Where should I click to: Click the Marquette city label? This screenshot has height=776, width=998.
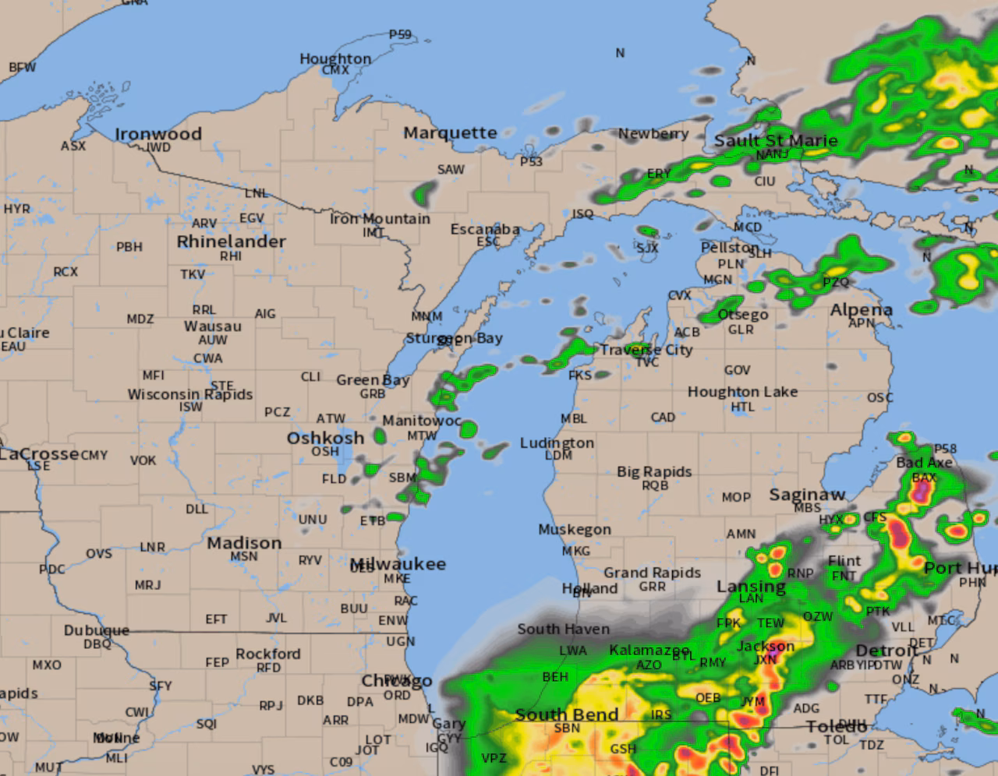coord(450,133)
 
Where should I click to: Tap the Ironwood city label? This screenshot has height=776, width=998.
coord(158,134)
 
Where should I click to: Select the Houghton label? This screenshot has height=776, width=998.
coord(335,58)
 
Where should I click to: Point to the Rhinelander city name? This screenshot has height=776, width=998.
coord(231,242)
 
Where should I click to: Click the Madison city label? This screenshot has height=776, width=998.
coord(244,543)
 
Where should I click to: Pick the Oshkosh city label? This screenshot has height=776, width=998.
coord(325,438)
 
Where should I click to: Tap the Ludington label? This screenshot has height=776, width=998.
coord(557,443)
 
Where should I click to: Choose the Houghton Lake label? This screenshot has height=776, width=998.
coord(742,392)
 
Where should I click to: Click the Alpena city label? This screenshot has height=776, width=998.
coord(861,310)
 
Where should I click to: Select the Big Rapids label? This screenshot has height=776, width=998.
coord(654,471)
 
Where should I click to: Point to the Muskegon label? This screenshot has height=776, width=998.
coord(575,529)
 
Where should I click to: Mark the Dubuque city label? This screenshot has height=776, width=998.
coord(97,630)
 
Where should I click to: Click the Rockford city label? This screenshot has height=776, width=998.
coord(268,654)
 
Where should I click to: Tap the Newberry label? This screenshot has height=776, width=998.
coord(653,134)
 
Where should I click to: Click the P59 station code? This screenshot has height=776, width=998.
coord(400,35)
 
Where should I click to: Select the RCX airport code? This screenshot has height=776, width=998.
coord(65,272)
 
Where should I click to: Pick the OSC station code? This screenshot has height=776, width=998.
coord(880,398)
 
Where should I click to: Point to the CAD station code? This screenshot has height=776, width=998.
coord(663,418)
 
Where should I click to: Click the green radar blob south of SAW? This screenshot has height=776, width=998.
coord(425,192)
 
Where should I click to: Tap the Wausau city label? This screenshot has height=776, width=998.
coord(213,326)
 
